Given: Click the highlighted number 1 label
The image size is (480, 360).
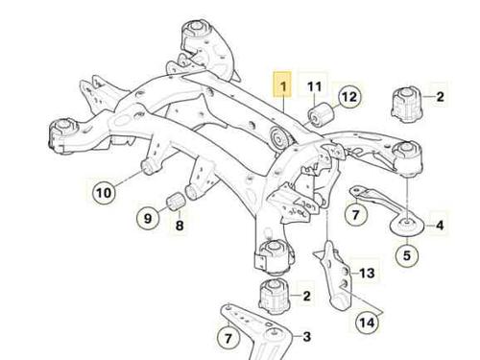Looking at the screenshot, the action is tap(282, 84).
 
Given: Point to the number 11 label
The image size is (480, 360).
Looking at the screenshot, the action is tap(314, 86).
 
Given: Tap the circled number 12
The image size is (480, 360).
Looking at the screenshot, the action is tap(349, 96).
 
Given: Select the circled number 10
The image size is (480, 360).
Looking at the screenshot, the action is tap(104, 193).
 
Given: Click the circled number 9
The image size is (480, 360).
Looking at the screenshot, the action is tap(148, 219).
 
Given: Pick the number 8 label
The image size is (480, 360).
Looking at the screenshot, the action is tap(180, 226).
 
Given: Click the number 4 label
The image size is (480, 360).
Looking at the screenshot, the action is tap(440, 226).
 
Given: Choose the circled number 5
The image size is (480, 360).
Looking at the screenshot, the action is tap(407, 255).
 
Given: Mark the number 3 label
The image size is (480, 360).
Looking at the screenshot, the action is tap(306, 337).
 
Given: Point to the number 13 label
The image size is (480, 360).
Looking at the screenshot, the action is tap(367, 273).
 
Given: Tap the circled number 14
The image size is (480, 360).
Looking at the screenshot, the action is tap(367, 323).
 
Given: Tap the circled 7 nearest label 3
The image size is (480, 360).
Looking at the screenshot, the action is tap(228, 338).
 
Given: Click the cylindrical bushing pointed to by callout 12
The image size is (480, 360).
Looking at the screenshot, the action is tap(321, 114).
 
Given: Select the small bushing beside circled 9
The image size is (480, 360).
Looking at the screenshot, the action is tap(176, 201).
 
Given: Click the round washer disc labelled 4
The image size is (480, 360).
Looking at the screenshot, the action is tap(407, 226).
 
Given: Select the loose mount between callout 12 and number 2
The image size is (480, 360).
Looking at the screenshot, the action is tap(407, 104).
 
